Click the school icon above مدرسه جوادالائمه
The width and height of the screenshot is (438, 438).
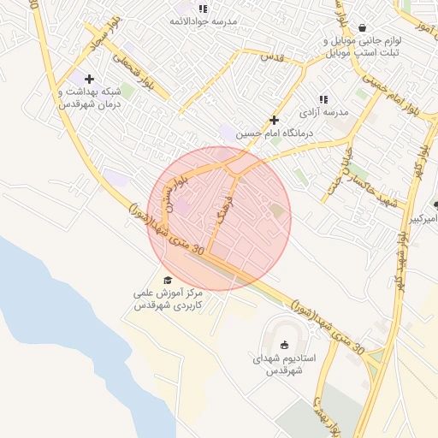(x=203, y=9)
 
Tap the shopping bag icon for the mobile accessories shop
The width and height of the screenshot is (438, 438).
(x=364, y=27)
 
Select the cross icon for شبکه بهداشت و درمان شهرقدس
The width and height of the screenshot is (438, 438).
(x=89, y=79)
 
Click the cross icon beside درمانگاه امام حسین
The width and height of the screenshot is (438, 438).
(x=274, y=121)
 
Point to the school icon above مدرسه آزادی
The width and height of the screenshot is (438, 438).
(x=323, y=99)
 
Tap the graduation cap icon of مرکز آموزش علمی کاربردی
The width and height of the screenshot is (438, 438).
(x=167, y=280)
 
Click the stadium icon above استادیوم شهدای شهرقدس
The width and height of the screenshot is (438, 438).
(x=285, y=345)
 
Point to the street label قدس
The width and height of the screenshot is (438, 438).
(x=270, y=56)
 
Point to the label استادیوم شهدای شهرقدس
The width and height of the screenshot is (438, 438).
(x=285, y=364)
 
